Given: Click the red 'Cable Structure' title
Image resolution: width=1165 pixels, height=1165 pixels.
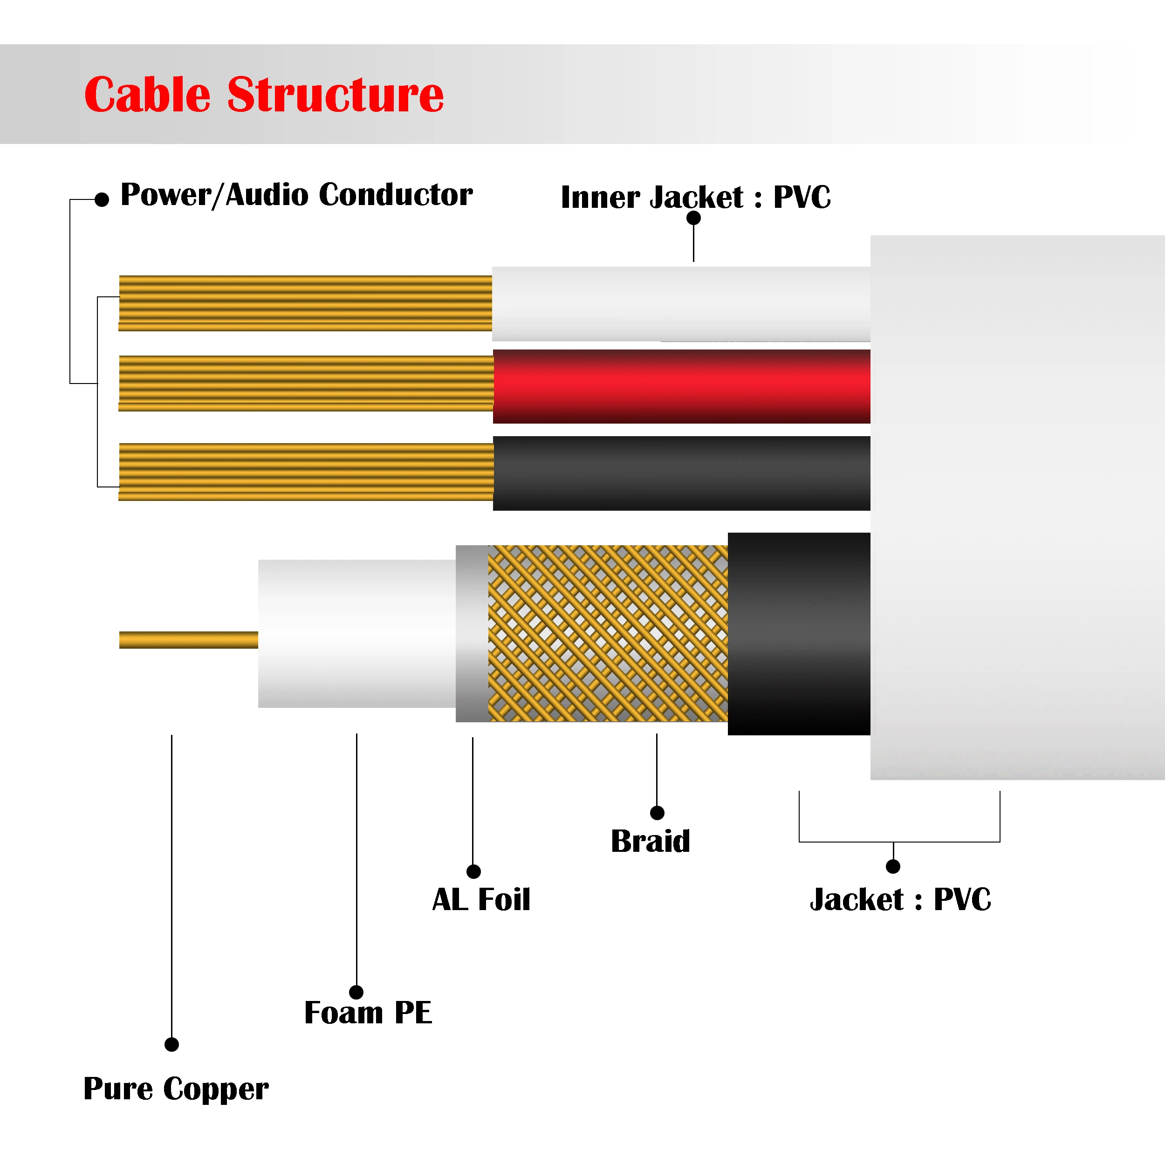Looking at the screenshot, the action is coord(263,95).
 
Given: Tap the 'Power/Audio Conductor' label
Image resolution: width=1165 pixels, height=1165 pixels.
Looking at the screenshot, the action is coord(296,195).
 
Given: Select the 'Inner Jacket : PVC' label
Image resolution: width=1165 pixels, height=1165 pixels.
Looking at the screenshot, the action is coord(695,197).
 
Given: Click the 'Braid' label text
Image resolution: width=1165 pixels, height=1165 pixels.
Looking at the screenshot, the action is coord(650,841).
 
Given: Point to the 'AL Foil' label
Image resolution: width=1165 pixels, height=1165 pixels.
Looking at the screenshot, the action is coord(481,900).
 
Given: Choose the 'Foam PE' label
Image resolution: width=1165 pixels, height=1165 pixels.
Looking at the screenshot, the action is coord(368,1013).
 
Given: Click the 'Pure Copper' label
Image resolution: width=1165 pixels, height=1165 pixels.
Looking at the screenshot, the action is coord(176,1089).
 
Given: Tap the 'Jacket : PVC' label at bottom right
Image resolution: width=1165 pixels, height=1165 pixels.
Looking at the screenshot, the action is coord(900,900).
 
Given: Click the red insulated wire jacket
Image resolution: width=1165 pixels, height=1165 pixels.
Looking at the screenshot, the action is coord(681,386).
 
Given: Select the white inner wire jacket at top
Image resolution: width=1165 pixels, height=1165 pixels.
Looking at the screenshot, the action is coord(681,304).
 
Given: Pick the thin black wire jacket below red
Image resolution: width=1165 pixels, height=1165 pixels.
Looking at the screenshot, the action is coord(681,473).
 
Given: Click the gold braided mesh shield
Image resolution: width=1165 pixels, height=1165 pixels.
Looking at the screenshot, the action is coord(608,633).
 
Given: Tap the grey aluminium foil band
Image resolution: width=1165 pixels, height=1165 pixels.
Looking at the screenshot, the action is coord(472,633).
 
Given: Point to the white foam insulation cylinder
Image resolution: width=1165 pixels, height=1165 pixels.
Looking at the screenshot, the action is coord(356,633).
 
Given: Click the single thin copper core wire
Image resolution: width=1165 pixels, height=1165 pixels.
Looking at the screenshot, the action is coord(188,640).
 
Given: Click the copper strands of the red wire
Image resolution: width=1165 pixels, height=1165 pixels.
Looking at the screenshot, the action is coord(306,384).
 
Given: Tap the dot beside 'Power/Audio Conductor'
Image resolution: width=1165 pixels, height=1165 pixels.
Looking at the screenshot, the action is coord(102,199).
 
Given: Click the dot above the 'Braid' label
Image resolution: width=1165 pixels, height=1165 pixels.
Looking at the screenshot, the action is coord(657,813).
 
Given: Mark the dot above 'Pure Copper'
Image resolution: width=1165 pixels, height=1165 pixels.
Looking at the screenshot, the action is coord(172,1044).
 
